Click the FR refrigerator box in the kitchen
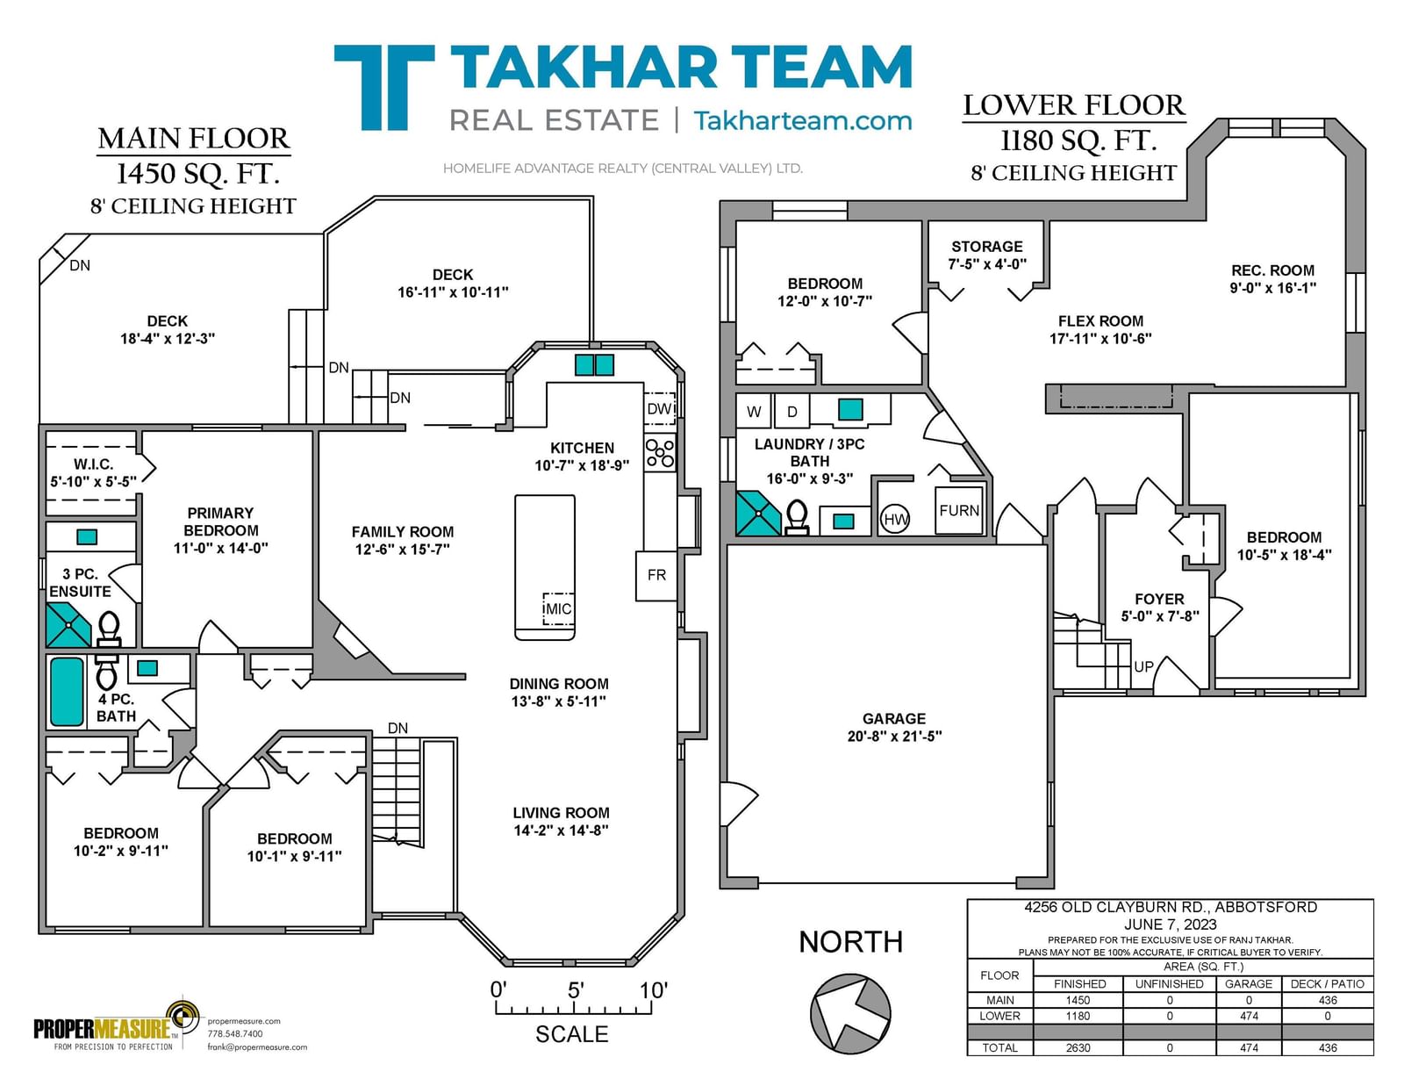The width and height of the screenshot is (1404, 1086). (656, 575)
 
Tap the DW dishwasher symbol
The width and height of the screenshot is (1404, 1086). (659, 408)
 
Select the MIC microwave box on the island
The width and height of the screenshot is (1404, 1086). (558, 608)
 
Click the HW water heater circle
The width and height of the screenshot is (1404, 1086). (896, 519)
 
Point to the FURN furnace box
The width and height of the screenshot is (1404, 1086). (959, 511)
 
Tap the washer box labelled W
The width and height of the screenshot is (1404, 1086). (754, 411)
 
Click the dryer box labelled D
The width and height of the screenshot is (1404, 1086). (792, 411)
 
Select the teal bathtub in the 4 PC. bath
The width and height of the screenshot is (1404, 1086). (68, 692)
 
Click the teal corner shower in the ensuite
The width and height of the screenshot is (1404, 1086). (68, 625)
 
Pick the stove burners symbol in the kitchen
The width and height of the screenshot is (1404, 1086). (660, 452)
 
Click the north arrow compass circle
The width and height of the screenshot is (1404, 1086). (850, 1014)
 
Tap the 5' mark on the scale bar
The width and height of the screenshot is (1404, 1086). (576, 990)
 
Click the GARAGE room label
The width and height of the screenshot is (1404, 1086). (893, 718)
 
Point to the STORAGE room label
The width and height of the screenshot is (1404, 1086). (986, 247)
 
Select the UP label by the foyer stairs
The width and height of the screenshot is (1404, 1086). (1143, 666)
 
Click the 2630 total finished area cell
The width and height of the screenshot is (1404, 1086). (1078, 1048)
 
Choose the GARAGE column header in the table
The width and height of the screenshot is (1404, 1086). (1249, 984)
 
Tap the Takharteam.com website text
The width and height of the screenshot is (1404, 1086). (802, 121)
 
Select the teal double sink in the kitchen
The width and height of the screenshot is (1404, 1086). (594, 364)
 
